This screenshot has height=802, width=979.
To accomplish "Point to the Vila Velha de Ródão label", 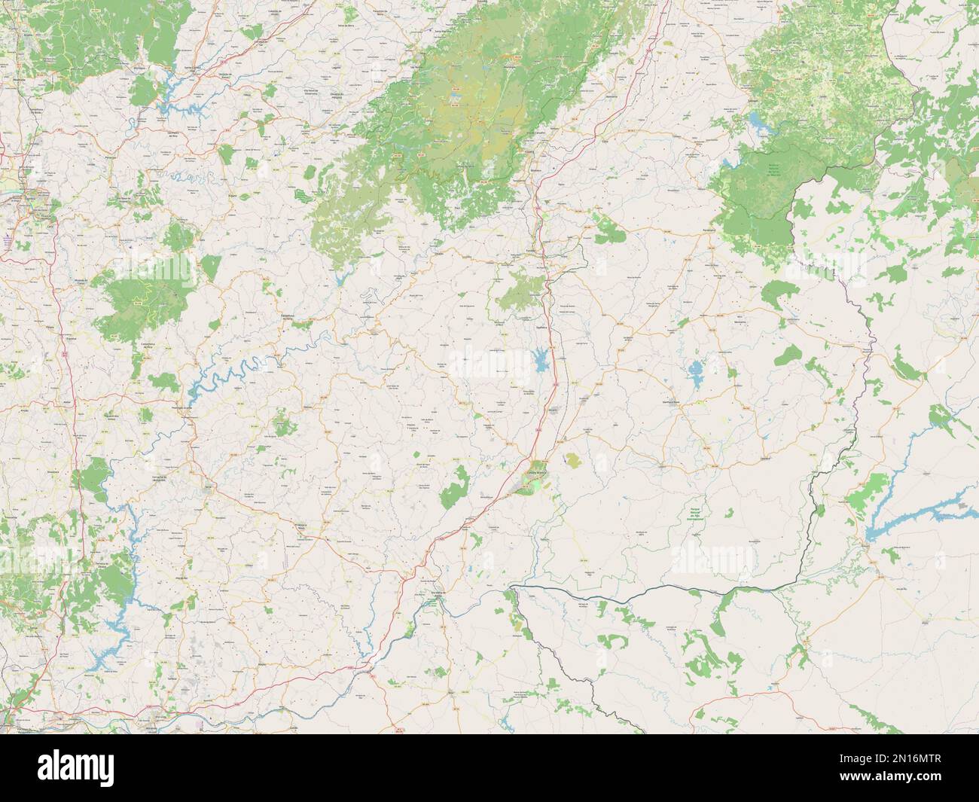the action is point(436,595).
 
